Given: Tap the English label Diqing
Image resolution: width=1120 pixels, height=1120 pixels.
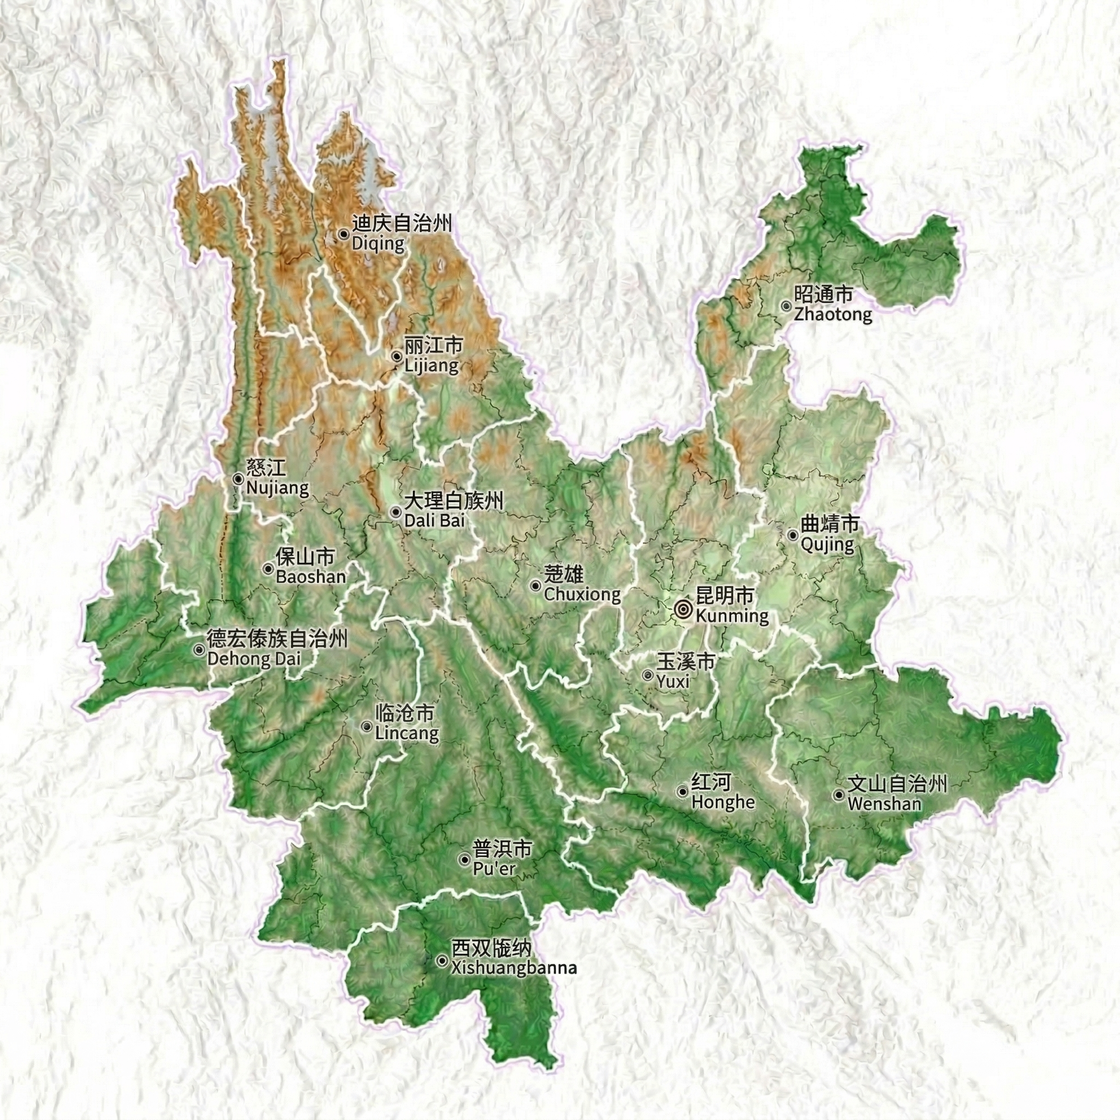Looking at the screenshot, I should (x=378, y=243).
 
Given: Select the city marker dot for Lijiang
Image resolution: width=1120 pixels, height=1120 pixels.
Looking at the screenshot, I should (x=397, y=356).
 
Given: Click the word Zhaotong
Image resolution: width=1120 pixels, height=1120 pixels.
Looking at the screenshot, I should (x=832, y=315).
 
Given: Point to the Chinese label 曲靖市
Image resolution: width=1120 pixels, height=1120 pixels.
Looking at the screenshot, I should (x=830, y=524).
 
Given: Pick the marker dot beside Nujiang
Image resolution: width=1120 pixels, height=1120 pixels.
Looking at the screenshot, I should (x=238, y=478).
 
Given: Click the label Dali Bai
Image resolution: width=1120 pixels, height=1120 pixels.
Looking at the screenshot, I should (x=435, y=520).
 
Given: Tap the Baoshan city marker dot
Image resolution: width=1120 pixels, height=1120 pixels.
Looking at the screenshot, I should (x=268, y=569).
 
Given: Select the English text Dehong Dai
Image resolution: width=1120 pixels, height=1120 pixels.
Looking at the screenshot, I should (x=254, y=660).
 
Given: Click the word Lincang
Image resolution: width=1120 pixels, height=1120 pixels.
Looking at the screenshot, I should (x=407, y=733).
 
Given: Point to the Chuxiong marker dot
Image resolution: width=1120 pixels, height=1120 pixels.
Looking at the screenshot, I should (x=535, y=585).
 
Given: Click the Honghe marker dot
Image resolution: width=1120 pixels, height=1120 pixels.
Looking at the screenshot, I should (x=682, y=792).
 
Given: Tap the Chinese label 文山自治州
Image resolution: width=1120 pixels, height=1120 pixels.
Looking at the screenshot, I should (x=897, y=785).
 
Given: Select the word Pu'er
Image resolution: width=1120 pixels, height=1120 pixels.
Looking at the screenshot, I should (x=494, y=869).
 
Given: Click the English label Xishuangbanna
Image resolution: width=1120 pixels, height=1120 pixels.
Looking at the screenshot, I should (x=514, y=968).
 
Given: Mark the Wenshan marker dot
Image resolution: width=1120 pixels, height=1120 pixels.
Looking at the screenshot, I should (x=839, y=794).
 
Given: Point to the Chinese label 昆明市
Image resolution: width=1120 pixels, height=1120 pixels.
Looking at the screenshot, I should (x=725, y=596).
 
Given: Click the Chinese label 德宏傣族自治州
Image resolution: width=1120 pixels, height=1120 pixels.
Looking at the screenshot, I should (x=277, y=639).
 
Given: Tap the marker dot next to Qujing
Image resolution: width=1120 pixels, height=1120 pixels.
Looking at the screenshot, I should (x=793, y=535).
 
